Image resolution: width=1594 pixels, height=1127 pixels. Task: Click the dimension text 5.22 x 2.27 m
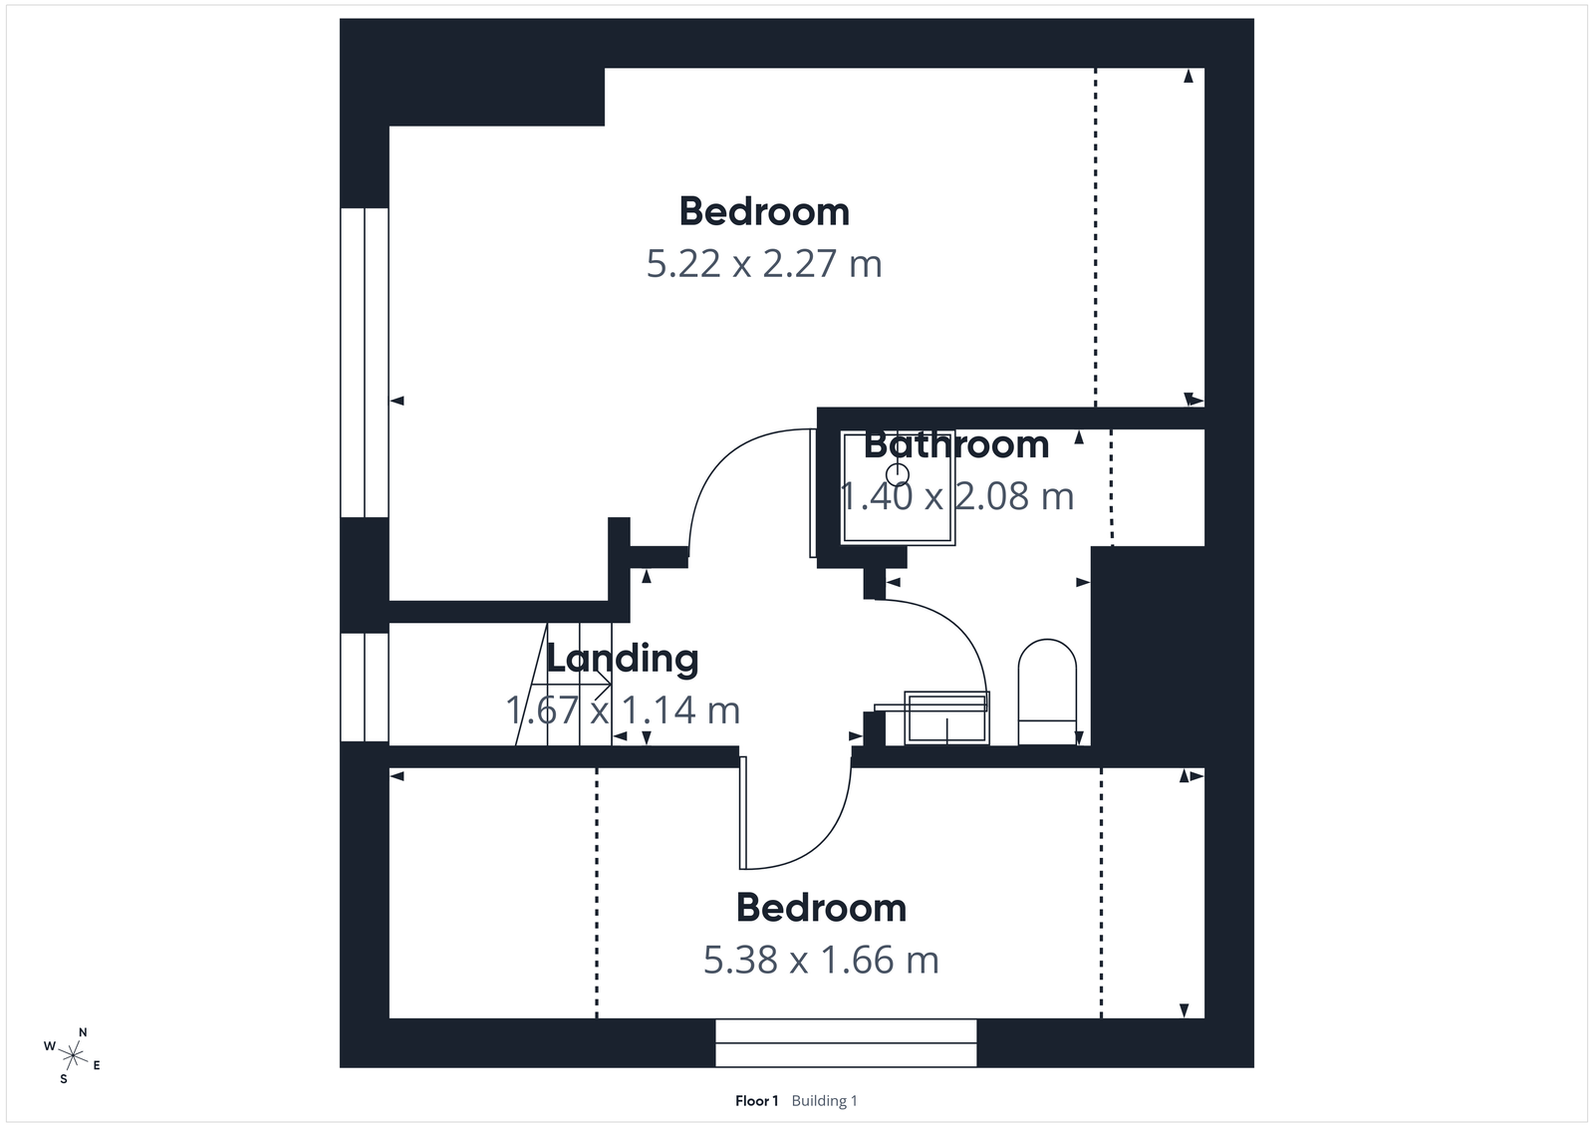(764, 264)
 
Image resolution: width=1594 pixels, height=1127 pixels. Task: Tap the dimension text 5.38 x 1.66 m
(821, 960)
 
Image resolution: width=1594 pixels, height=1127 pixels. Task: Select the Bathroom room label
(956, 444)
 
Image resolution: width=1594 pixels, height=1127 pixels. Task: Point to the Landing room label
(623, 659)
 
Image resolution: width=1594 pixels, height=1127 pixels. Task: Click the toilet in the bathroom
(1047, 691)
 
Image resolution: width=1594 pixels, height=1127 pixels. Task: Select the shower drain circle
(899, 473)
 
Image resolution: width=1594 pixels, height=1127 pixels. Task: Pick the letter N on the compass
(83, 1032)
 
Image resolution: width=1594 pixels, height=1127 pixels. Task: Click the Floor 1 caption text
(756, 1101)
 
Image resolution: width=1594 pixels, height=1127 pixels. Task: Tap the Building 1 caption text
(824, 1101)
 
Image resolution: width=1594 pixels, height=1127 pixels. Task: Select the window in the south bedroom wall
(846, 1043)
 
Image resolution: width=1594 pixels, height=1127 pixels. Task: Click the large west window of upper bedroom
(364, 362)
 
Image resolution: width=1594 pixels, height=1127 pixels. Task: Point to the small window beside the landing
(364, 688)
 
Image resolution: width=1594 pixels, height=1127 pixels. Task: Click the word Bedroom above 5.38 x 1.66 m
(821, 908)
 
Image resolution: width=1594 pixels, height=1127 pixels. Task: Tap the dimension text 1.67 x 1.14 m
(623, 710)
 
